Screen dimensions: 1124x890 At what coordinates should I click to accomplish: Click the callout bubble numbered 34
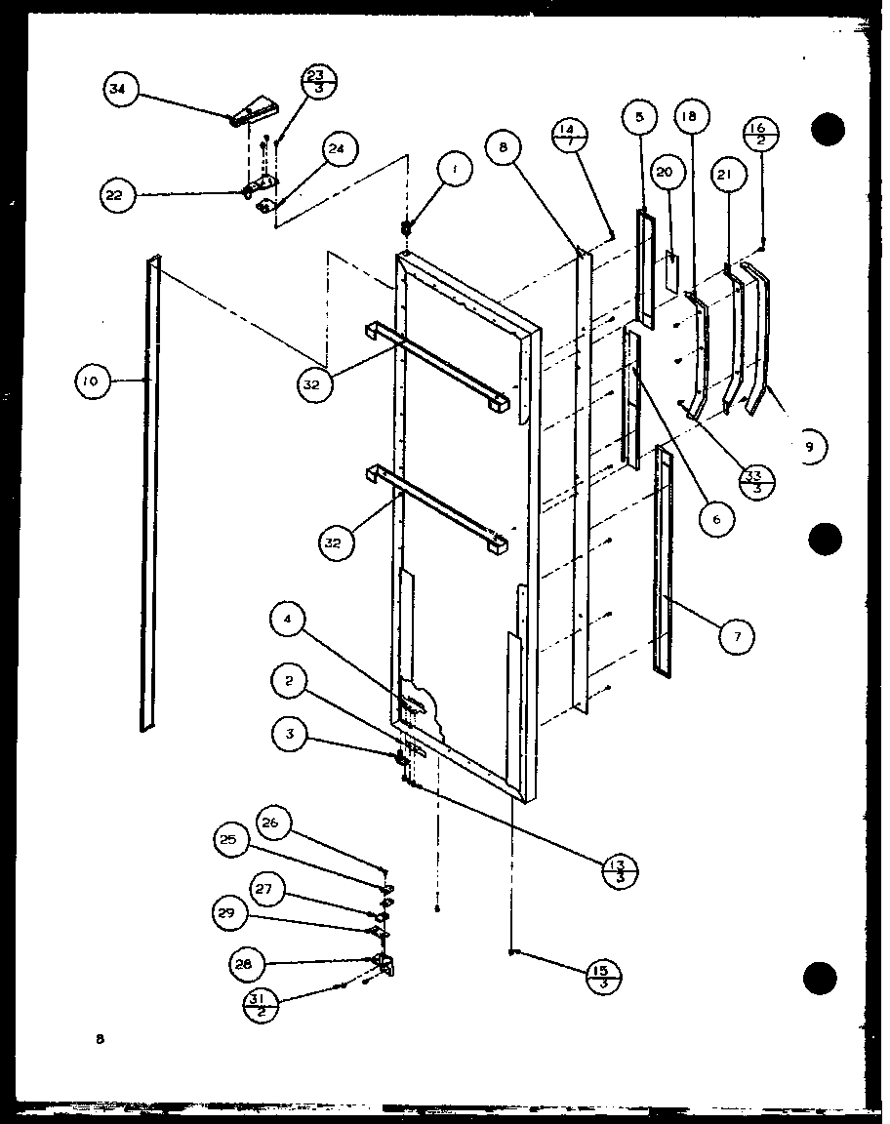[118, 92]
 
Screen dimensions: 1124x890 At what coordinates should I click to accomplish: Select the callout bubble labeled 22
[114, 195]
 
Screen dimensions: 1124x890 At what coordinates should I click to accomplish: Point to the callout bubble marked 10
[91, 381]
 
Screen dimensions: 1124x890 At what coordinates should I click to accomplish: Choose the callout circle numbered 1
[454, 171]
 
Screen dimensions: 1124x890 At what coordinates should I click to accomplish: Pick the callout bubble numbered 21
[729, 174]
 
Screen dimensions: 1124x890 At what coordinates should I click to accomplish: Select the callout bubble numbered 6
[716, 519]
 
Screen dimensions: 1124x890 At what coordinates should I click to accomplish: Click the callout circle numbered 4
[289, 618]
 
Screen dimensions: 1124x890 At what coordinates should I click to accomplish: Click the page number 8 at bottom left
[99, 1040]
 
